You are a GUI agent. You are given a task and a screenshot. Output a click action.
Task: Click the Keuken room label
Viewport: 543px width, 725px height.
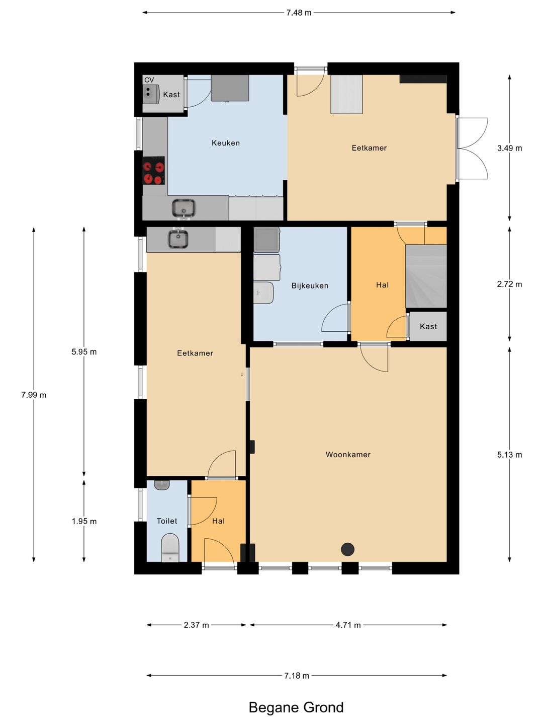coord(226,143)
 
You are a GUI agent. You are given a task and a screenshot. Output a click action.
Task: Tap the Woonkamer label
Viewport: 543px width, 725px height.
coord(348,455)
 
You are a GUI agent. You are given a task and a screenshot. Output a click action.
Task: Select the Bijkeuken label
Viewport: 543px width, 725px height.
coord(310,285)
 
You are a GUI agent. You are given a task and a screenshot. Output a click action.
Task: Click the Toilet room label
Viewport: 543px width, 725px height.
coord(167,521)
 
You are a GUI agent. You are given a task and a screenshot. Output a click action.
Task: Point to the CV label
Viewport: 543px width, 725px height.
coord(149,80)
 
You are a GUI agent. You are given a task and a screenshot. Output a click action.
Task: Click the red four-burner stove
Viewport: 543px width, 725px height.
coord(154,171)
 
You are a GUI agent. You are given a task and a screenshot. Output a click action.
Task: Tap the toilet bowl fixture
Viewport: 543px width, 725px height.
coord(170,548)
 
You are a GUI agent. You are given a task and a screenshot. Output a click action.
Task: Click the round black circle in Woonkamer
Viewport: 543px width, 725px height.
coord(347,549)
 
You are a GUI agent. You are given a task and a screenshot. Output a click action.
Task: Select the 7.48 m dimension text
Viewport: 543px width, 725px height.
coord(299,13)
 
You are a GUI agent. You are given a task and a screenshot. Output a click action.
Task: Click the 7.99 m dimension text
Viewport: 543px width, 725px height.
coord(34,395)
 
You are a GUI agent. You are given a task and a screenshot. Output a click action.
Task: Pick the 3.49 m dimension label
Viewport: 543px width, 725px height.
coord(509,149)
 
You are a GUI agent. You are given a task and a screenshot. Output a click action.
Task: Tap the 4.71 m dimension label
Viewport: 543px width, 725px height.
coord(348,625)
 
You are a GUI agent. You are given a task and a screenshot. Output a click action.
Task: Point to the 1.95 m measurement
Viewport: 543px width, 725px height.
coord(84,521)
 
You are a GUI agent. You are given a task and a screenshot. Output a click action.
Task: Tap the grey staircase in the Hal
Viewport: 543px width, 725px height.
coord(426,276)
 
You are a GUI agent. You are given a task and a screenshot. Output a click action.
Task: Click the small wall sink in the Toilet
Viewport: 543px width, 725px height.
coord(162,485)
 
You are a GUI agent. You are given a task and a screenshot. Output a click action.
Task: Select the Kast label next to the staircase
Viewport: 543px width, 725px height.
coord(428,327)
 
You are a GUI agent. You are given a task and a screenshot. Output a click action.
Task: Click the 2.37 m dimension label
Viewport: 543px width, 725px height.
coord(197,625)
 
